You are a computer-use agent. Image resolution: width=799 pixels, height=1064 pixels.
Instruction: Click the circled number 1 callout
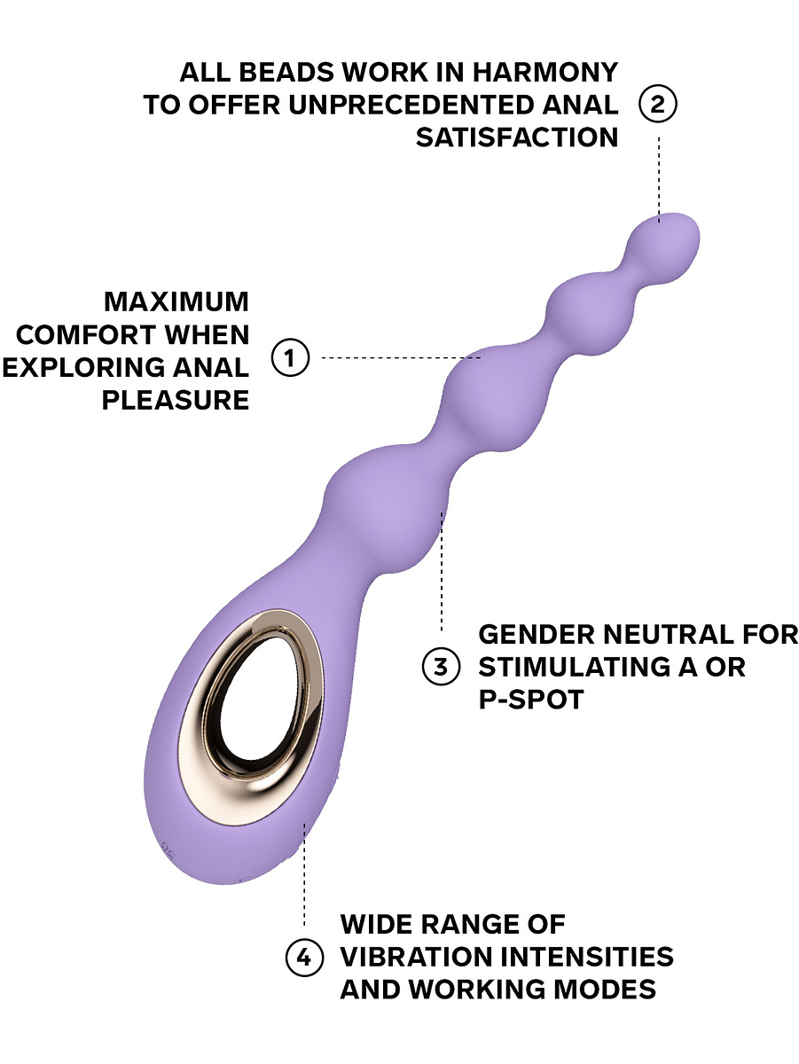pos(289,358)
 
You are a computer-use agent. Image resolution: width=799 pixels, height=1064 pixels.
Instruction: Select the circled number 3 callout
pos(440,666)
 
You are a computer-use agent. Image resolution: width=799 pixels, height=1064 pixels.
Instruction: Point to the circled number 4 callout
pos(303,957)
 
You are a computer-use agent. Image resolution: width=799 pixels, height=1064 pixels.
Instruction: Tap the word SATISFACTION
pos(517,137)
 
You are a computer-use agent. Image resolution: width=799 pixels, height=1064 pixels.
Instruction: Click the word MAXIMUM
pos(176,301)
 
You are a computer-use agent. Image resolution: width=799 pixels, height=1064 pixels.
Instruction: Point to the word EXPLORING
pos(84,367)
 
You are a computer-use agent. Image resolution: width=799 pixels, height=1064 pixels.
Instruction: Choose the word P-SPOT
pos(531,699)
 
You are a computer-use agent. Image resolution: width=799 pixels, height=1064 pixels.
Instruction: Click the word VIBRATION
pos(417,957)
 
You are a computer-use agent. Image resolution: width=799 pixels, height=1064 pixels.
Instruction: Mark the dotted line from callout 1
pos(399,358)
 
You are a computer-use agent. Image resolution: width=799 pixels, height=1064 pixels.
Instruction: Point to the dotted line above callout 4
pos(304,878)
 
